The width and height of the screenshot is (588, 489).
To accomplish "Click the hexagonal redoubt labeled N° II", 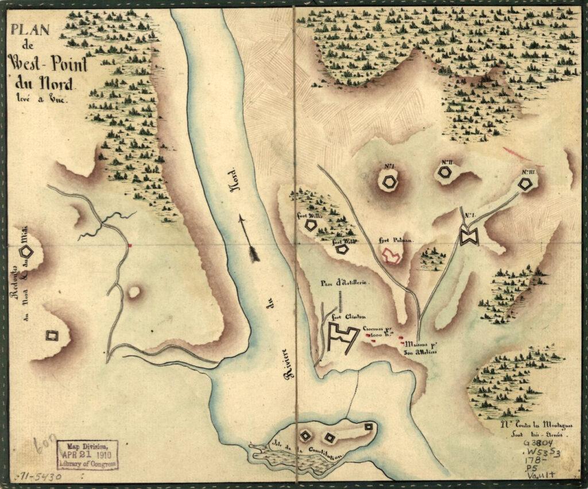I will click(x=445, y=172).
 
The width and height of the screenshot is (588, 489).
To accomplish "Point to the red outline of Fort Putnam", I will click(x=393, y=256).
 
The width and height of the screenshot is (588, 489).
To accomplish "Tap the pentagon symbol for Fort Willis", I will click(x=310, y=225).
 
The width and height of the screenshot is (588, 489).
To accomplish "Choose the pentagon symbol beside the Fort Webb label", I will click(x=342, y=249).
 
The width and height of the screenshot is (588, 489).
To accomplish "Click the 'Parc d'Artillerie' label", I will click(x=345, y=283).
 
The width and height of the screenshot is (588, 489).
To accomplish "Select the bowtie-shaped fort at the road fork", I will click(x=469, y=237).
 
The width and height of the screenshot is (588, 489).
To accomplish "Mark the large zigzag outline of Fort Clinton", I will click(x=343, y=337).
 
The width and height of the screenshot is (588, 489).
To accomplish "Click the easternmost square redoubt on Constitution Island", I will click(x=368, y=427).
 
